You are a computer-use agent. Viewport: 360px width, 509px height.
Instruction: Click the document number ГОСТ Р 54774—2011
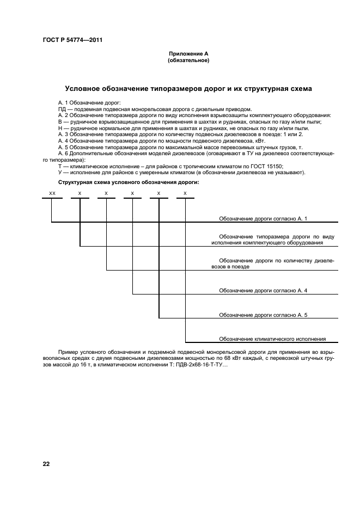[x=72, y=41]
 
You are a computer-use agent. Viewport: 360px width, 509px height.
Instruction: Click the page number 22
[x=46, y=463]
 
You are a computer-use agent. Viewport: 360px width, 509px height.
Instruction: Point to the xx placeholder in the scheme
[x=52, y=193]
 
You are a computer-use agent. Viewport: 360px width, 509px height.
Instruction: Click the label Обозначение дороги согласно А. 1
[x=263, y=218]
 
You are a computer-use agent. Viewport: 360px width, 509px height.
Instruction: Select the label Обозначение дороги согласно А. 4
[x=263, y=291]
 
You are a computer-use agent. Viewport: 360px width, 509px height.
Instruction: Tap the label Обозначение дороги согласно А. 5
[x=263, y=315]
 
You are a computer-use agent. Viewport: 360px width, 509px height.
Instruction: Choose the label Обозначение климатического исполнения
[x=272, y=339]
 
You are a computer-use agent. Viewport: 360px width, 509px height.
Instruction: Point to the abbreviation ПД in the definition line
[x=62, y=109]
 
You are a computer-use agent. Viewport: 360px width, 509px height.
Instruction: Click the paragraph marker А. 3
[x=64, y=133]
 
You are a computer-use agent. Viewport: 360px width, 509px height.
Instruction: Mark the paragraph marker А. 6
[x=64, y=155]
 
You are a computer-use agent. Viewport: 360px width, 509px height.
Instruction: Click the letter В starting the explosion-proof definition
[x=60, y=121]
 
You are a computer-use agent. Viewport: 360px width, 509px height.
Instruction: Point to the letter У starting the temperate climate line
[x=60, y=173]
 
